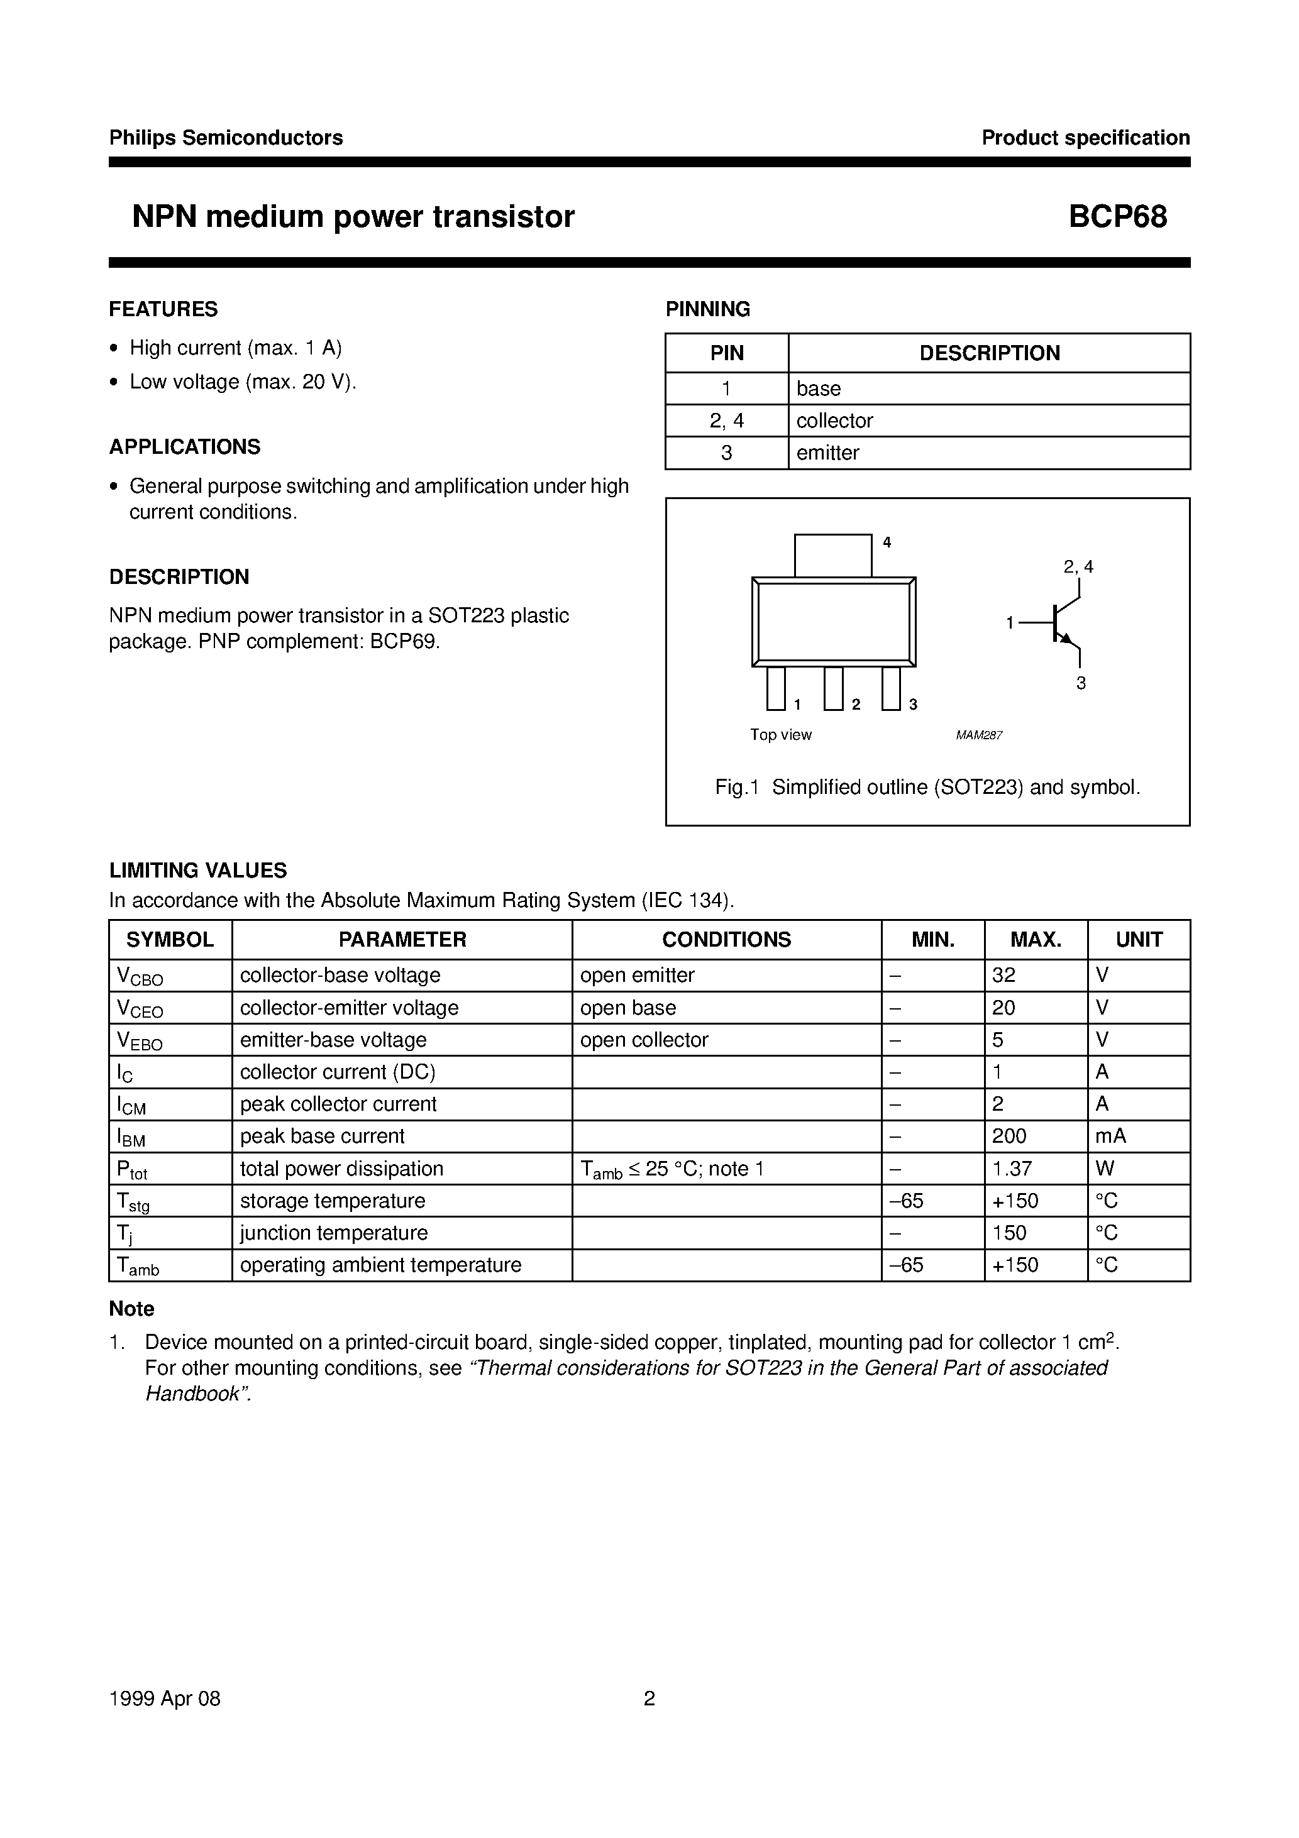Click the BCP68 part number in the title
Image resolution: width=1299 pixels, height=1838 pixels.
click(x=1117, y=217)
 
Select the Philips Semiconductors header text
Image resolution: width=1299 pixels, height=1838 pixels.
click(x=226, y=138)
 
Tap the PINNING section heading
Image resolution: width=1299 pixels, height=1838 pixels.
click(x=708, y=309)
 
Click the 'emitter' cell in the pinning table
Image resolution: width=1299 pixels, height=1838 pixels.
click(x=827, y=453)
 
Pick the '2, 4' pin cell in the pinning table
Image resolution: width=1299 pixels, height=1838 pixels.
click(x=726, y=421)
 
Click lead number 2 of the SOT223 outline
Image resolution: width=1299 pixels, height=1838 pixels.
click(x=834, y=688)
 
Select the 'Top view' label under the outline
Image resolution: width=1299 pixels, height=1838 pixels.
click(x=781, y=735)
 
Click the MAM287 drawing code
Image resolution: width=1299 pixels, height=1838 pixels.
click(x=979, y=735)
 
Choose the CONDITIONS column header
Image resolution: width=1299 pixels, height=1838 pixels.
click(x=726, y=940)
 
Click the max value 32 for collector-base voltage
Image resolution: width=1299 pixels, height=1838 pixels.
click(x=1003, y=975)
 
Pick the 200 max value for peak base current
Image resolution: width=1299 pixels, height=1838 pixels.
click(x=1009, y=1136)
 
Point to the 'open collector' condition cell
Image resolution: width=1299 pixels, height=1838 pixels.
click(x=644, y=1040)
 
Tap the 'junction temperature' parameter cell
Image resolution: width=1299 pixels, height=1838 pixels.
click(x=334, y=1233)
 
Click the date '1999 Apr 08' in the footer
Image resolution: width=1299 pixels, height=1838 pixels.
click(x=165, y=1698)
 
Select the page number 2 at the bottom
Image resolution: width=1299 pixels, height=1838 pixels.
click(x=649, y=1698)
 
